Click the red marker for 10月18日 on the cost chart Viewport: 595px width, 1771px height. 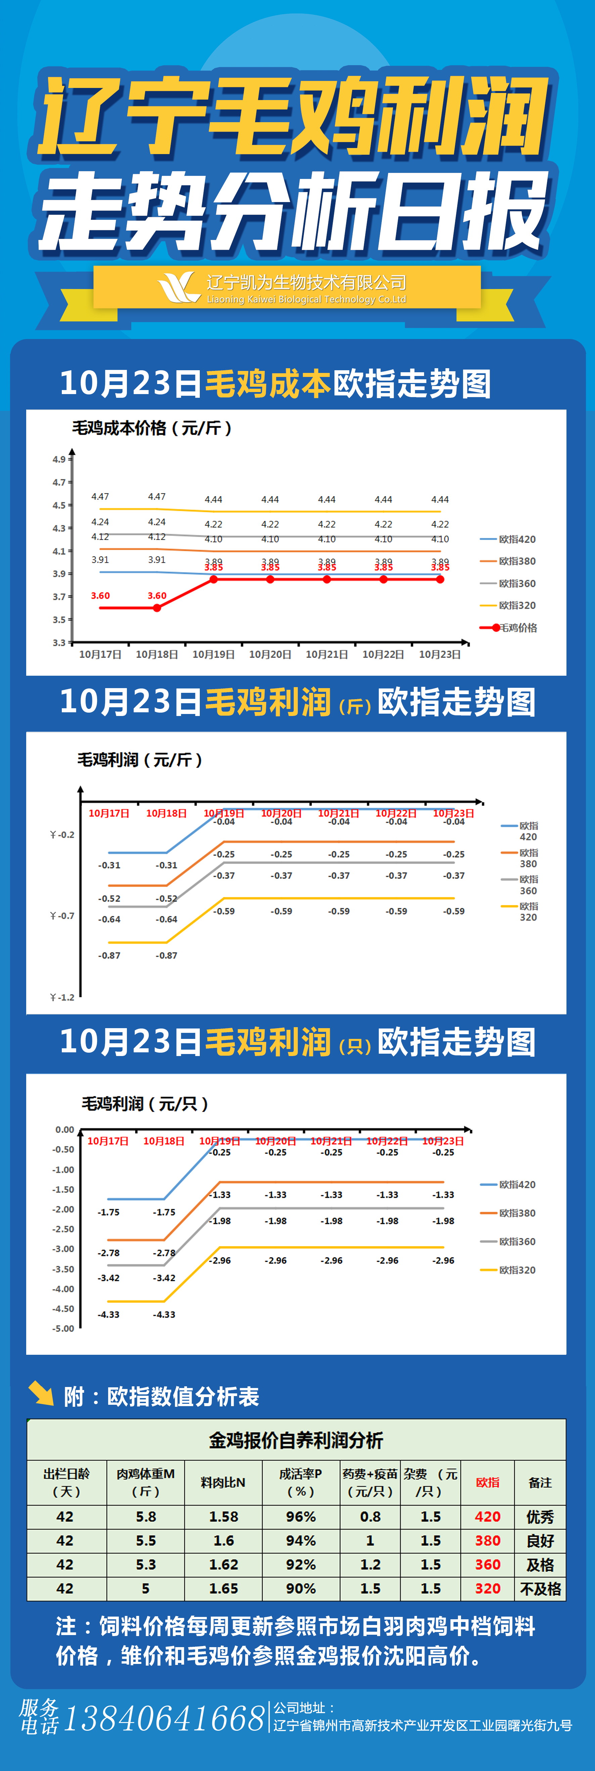point(157,608)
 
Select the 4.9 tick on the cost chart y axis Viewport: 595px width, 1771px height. point(59,459)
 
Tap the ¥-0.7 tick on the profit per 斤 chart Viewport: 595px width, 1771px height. point(62,916)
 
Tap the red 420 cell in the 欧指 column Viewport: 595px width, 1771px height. point(488,1517)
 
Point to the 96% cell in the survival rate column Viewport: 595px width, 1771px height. point(301,1517)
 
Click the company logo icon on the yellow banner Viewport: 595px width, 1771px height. point(179,287)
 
